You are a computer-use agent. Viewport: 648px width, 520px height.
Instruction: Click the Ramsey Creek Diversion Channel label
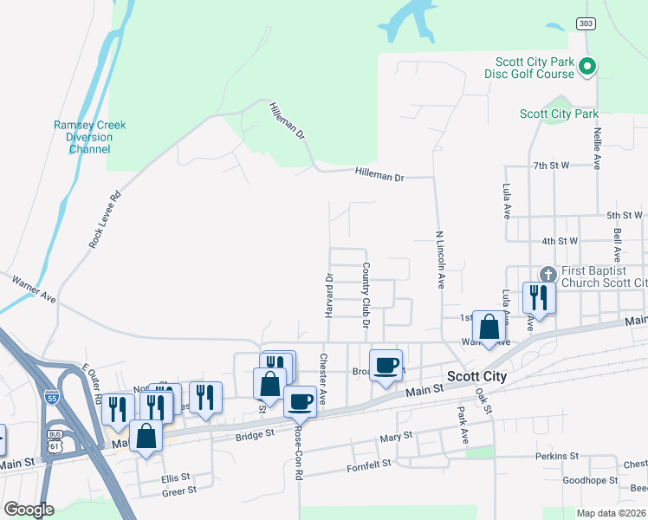coord(89,137)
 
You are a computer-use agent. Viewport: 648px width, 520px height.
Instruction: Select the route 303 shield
coord(584,24)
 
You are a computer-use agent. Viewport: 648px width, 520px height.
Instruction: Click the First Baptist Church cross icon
coord(547,275)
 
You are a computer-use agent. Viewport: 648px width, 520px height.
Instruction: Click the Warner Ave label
coord(33,289)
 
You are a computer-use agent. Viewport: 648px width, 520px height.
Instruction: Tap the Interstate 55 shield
coord(52,396)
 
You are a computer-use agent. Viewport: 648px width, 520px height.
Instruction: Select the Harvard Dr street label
coord(329,296)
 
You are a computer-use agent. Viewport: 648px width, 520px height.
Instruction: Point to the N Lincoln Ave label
coord(440,260)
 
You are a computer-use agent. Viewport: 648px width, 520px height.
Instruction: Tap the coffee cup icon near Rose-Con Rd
coord(300,401)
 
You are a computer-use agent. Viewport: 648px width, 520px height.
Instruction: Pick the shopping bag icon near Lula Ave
coord(489,328)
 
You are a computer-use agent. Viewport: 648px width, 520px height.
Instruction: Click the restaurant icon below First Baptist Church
coord(537,298)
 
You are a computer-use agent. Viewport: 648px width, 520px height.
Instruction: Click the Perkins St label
coord(556,456)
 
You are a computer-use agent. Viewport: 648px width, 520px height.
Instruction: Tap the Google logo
coord(29,510)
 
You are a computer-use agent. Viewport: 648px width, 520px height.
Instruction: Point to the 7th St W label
coord(550,165)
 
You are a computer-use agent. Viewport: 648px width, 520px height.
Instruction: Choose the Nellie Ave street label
coord(597,148)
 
